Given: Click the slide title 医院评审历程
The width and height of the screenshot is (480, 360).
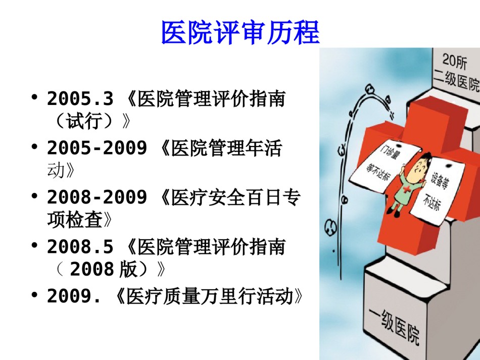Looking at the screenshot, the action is tap(241, 33).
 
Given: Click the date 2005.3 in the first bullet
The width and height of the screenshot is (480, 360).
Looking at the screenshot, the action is tap(80, 99).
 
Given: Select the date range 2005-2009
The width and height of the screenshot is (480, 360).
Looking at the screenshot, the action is tap(97, 148).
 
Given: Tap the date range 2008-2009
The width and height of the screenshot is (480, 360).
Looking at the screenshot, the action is tap(97, 197).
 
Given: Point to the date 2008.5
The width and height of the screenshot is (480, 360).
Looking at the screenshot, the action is tap(80, 246).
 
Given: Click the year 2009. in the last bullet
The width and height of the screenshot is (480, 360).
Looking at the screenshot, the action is tap(74, 296).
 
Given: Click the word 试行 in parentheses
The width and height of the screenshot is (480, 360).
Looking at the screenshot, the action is tap(84, 121).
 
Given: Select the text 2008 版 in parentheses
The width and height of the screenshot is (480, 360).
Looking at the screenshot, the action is tap(103, 269).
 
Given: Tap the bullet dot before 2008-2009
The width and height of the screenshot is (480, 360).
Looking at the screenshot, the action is tap(34, 196).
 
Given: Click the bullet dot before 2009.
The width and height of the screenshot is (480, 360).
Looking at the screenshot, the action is tap(34, 295).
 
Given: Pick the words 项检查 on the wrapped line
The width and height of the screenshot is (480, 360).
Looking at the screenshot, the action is tap(75, 219).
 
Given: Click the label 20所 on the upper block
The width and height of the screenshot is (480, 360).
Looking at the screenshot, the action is tap(455, 61).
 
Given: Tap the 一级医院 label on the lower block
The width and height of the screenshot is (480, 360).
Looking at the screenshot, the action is tap(394, 326).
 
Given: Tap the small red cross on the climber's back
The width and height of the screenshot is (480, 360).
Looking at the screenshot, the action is tap(406, 188).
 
